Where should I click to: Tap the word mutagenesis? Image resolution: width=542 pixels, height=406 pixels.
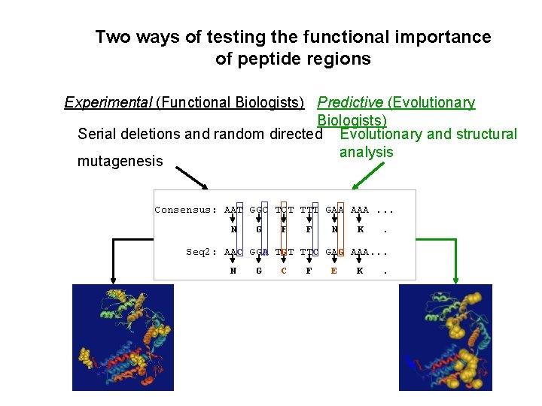pyautogui.click(x=120, y=161)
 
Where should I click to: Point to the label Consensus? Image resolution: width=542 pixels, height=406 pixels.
pyautogui.click(x=186, y=210)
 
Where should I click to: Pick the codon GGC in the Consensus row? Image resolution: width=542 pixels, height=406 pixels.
pyautogui.click(x=260, y=210)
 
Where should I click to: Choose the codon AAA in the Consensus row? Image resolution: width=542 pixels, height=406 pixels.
pyautogui.click(x=360, y=210)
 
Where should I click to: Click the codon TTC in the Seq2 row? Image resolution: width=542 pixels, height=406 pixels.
pyautogui.click(x=309, y=252)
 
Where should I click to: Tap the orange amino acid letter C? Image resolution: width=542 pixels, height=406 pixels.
pyautogui.click(x=284, y=271)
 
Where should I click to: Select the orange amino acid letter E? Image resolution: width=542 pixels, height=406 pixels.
pyautogui.click(x=334, y=271)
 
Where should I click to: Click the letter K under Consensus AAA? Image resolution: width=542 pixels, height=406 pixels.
pyautogui.click(x=360, y=229)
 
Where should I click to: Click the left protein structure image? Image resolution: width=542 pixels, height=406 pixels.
pyautogui.click(x=123, y=337)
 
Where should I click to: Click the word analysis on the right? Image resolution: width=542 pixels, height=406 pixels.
pyautogui.click(x=366, y=152)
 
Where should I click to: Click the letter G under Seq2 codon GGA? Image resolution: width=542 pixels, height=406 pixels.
pyautogui.click(x=259, y=271)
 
